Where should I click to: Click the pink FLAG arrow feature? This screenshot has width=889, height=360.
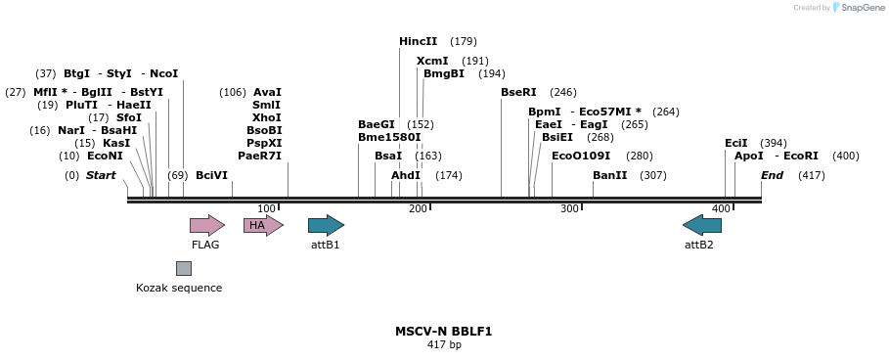206,226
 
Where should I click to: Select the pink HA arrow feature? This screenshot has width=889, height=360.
262,226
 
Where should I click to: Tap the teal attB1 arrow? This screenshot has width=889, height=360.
326,226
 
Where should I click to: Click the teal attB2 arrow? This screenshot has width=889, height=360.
701,226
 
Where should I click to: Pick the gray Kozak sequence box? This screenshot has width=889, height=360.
184,268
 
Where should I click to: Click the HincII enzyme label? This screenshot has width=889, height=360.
419,41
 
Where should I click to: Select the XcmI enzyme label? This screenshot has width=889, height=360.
432,61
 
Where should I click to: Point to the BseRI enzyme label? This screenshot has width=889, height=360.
518,92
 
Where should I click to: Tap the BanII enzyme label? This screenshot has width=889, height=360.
610,175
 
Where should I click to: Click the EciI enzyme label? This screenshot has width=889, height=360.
735,143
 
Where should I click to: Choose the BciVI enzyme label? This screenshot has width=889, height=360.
211,175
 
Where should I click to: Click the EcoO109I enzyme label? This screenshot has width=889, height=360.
581,156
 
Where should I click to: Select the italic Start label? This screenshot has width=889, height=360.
101,175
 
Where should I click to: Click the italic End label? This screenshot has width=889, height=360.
772,175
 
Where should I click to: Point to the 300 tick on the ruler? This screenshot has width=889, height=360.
569,208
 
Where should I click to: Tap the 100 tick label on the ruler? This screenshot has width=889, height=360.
266,208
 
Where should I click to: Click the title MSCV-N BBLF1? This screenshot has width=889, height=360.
443,332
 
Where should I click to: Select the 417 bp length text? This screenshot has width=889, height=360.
444,345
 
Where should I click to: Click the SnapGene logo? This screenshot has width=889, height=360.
857,8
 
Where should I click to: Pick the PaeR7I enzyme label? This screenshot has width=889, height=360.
259,156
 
